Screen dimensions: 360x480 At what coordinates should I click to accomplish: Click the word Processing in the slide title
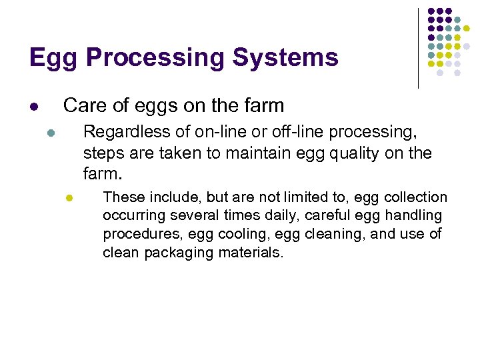click(x=155, y=59)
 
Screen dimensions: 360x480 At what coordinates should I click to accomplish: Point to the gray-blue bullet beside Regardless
click(x=50, y=133)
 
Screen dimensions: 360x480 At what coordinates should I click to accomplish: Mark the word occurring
click(x=131, y=216)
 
